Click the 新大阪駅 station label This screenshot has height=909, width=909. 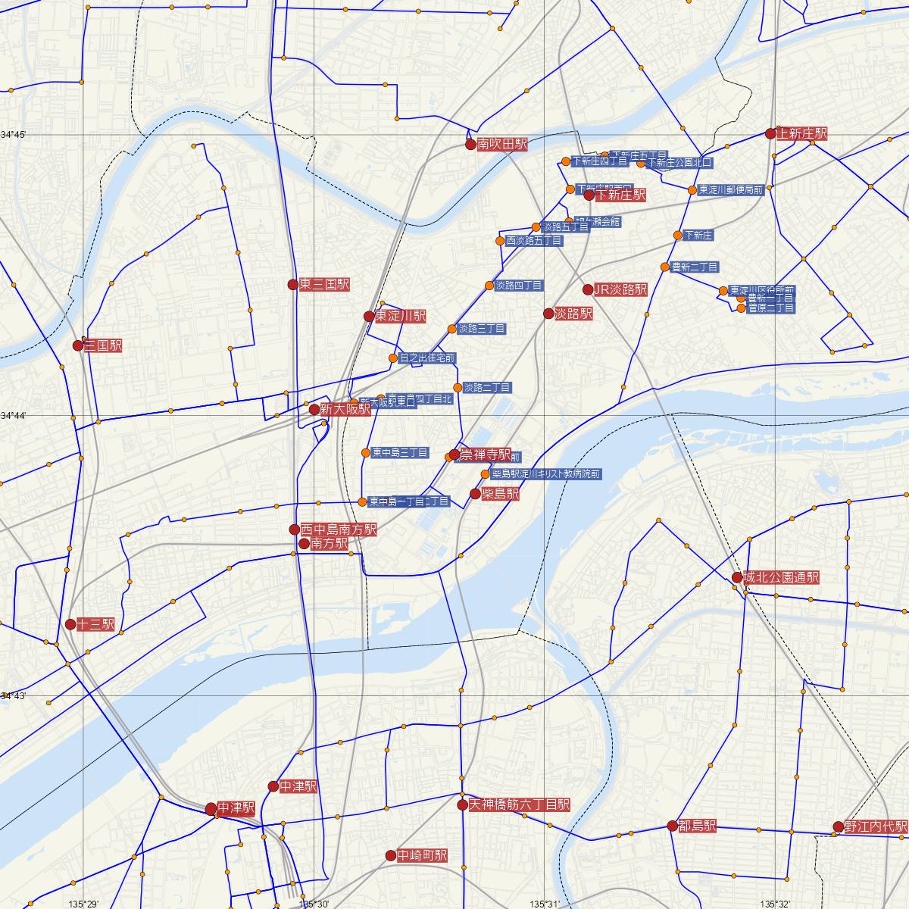[x=345, y=409]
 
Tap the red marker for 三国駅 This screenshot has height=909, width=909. [x=77, y=345]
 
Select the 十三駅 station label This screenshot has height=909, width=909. [x=95, y=625]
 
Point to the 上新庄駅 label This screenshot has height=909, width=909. [x=802, y=134]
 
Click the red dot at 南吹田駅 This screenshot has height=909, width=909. [x=470, y=144]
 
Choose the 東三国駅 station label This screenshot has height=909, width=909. [x=324, y=284]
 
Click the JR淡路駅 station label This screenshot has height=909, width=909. [x=620, y=289]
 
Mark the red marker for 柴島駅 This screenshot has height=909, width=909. [x=475, y=494]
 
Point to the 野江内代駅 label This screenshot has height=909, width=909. [x=876, y=826]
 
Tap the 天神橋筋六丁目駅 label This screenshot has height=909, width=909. [x=519, y=804]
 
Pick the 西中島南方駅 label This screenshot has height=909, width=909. [x=338, y=529]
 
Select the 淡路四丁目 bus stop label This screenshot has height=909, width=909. [x=519, y=286]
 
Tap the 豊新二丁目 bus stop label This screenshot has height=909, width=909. [x=695, y=267]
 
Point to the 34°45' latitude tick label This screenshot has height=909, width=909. [x=14, y=135]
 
